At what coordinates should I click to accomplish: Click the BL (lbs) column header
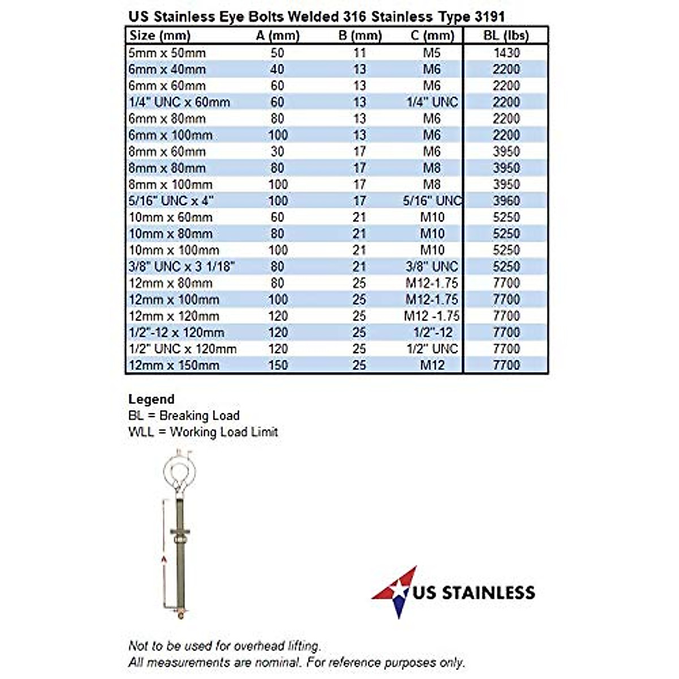(506, 36)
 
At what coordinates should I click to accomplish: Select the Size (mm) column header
(160, 36)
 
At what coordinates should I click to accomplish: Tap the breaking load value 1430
(506, 53)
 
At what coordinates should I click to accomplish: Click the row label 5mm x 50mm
(167, 53)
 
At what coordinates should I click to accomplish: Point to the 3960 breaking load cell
(506, 201)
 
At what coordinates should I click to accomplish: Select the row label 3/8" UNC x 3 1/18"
(181, 267)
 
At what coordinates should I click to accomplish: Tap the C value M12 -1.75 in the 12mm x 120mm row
(432, 316)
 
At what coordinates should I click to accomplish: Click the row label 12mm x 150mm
(174, 365)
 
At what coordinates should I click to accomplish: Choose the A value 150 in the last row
(278, 365)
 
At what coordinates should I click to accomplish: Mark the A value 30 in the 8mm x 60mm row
(277, 152)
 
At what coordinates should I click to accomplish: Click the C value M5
(432, 53)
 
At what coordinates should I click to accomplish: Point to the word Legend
(151, 399)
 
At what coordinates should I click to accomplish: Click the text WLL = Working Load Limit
(203, 432)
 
